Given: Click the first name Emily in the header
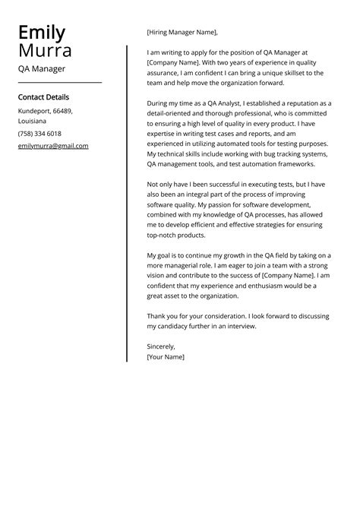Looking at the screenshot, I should pos(42,33).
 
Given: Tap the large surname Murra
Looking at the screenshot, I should pos(46,51).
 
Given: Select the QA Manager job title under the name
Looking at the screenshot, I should pos(42,69).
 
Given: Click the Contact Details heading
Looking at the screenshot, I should pos(43,97).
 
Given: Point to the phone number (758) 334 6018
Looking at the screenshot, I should pos(39,134).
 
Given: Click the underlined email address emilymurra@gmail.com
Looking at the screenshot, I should pos(53,146).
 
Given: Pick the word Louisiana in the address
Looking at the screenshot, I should pos(32,122).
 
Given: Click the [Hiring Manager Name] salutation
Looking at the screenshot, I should pos(182,33).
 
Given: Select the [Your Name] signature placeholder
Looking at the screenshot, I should pos(166,356).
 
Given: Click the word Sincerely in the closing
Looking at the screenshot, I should pos(161,346).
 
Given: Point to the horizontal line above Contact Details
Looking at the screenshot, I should pos(59,82).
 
